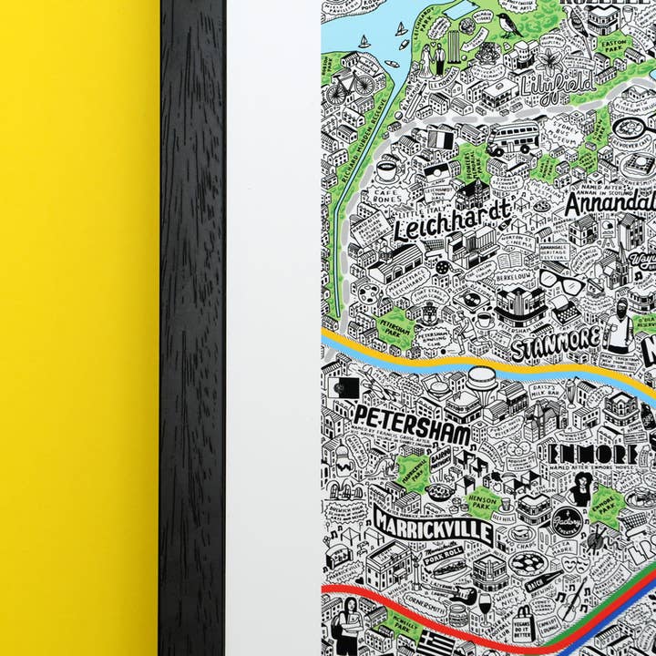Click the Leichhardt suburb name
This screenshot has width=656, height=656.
point(451,220)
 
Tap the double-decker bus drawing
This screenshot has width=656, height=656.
point(514,138)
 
